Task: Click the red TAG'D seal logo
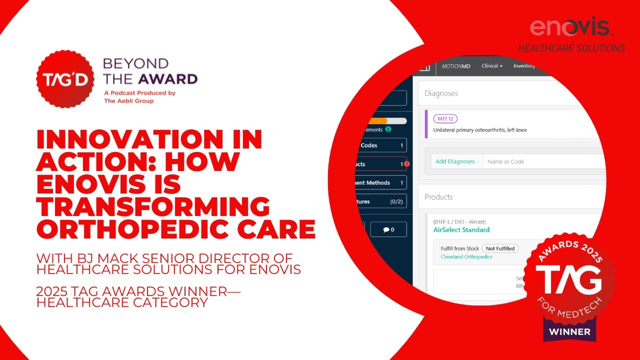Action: (65, 79)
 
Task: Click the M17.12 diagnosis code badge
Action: (445, 118)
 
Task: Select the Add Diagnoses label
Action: (456, 161)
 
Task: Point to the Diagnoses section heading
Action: (441, 93)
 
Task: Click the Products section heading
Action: (438, 197)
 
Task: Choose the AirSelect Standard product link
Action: (461, 230)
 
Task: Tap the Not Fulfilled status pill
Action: (500, 248)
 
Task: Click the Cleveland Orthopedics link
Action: (466, 257)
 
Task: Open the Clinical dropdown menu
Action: (492, 66)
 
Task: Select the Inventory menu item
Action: (524, 66)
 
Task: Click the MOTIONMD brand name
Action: (456, 66)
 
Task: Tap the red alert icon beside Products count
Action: (407, 164)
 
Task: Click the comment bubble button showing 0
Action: (388, 229)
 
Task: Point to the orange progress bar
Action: (376, 121)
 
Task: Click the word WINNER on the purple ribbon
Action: (569, 331)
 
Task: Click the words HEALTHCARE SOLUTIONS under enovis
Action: (571, 48)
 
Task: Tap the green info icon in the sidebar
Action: (388, 130)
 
